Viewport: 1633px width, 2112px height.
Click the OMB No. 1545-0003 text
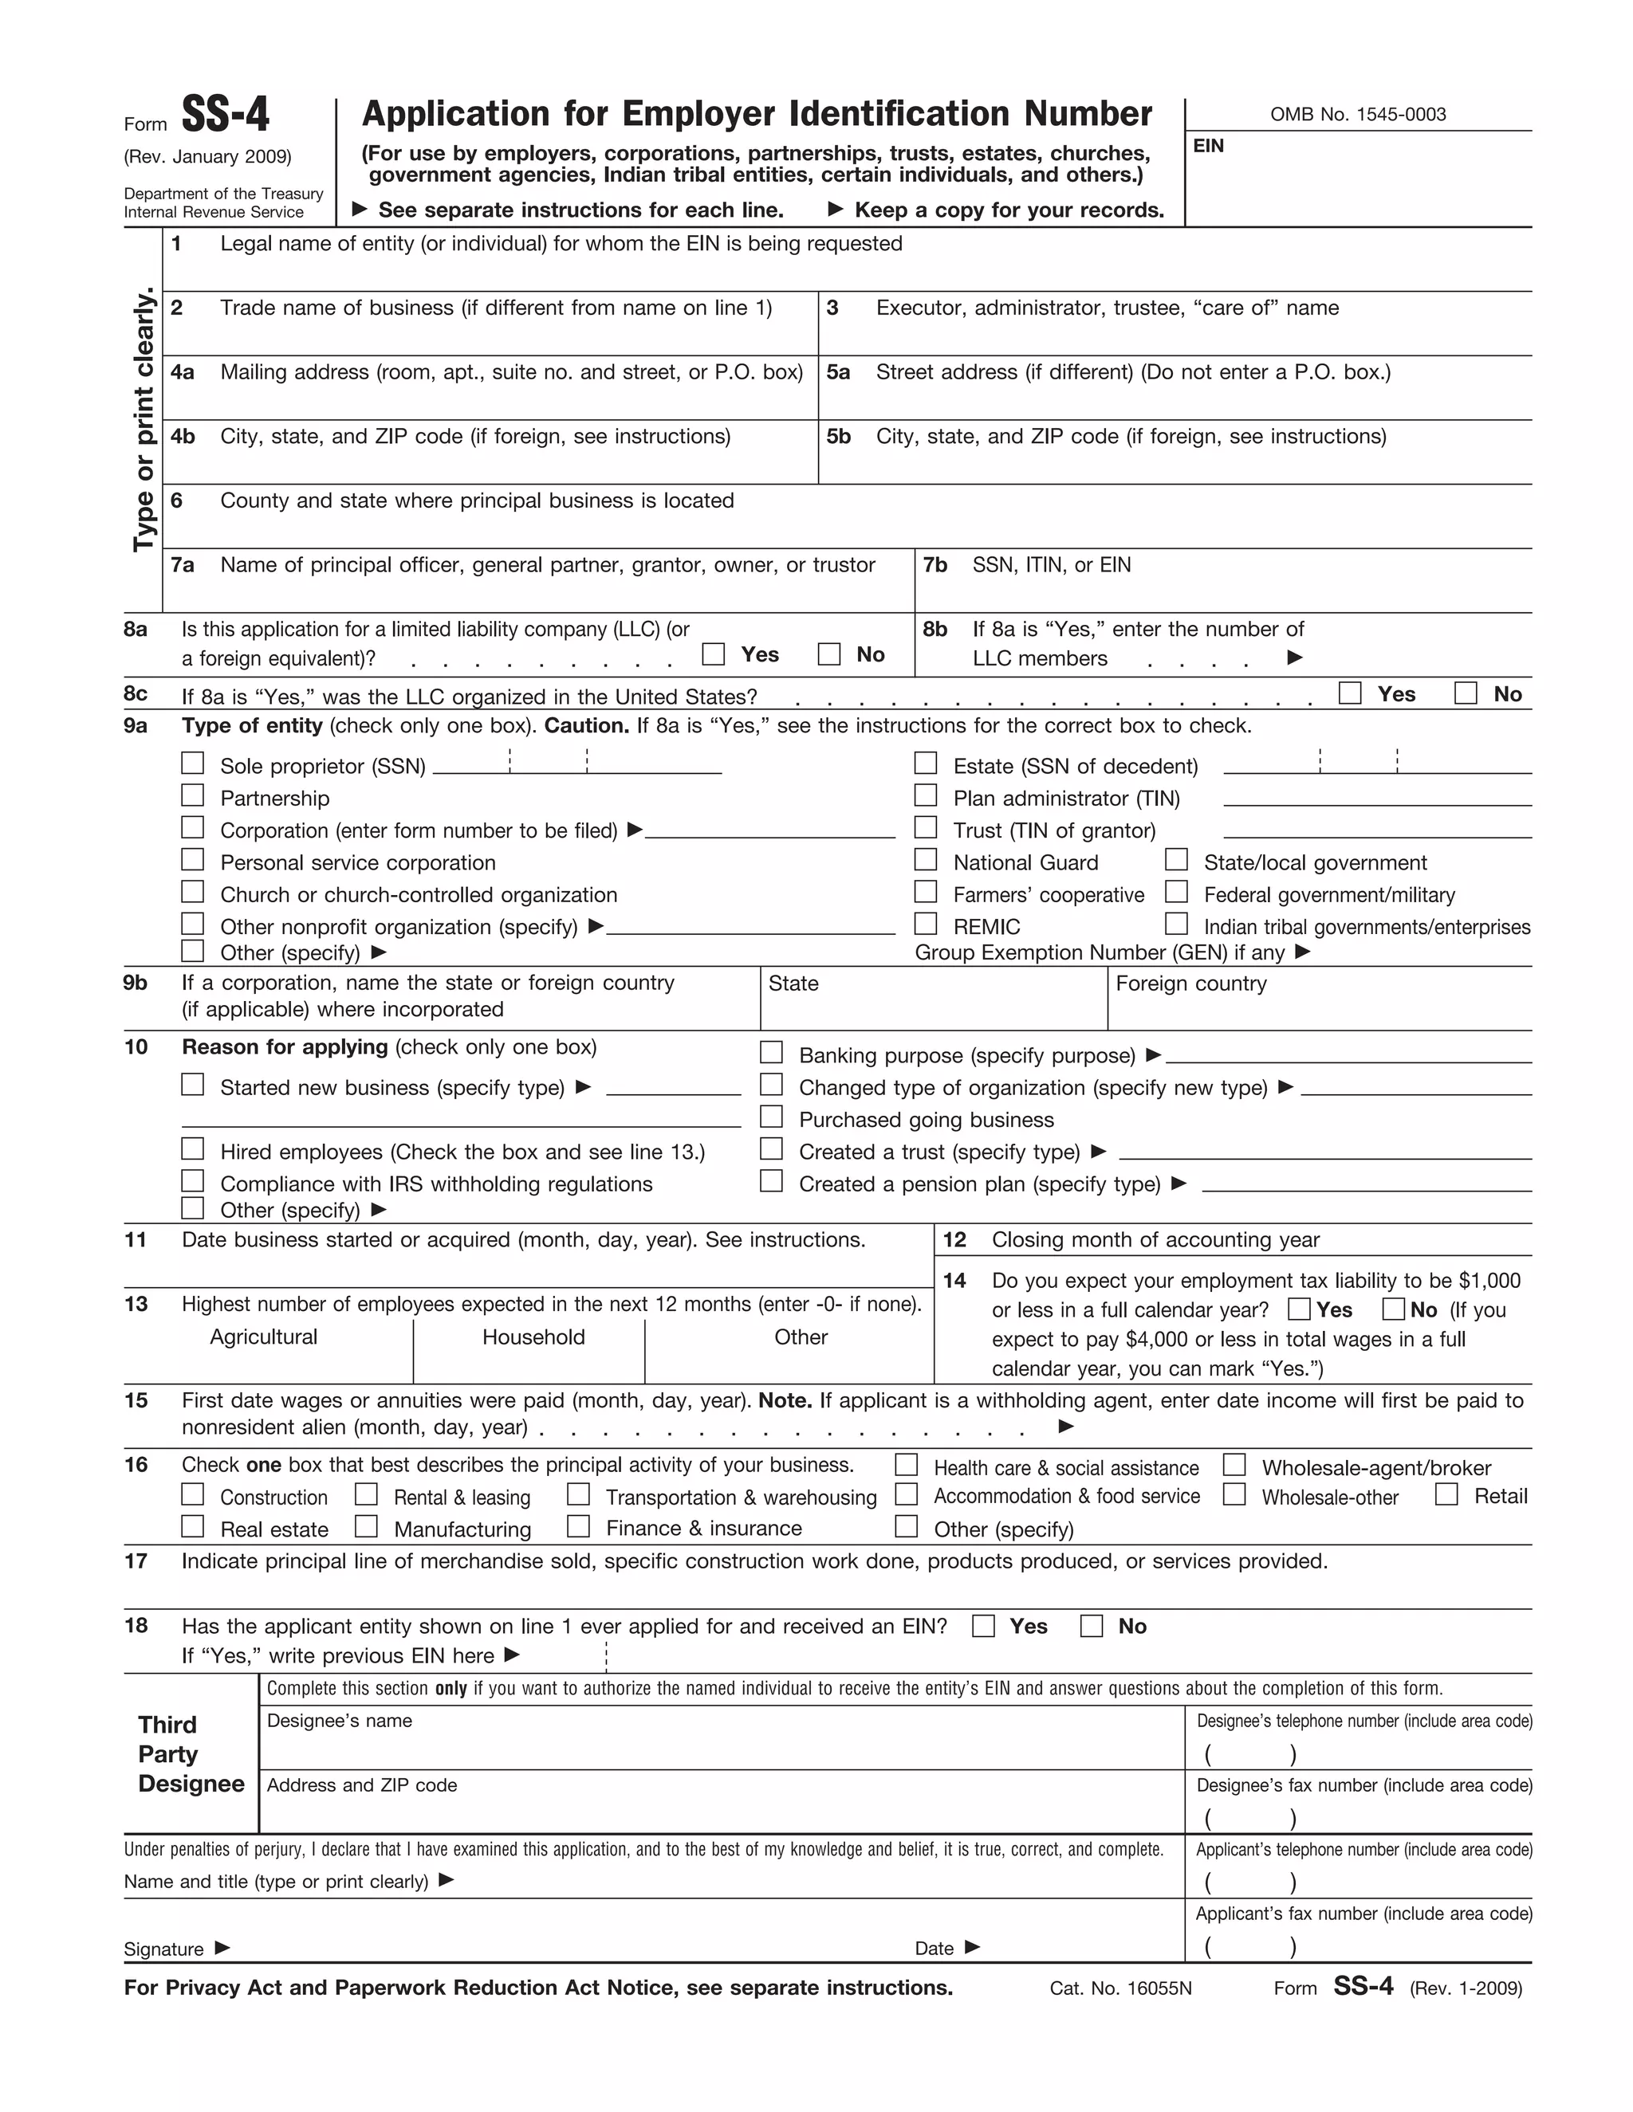point(1357,114)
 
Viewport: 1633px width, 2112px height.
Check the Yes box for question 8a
point(713,654)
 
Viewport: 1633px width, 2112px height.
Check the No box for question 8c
point(1466,693)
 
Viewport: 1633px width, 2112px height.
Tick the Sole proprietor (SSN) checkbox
point(194,764)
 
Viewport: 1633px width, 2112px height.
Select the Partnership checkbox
point(194,796)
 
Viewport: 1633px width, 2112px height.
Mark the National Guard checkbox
point(926,860)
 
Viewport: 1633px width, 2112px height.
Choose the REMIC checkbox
point(926,924)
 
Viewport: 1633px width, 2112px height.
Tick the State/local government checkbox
point(1176,860)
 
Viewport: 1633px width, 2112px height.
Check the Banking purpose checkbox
point(771,1052)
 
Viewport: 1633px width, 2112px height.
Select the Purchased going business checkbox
point(771,1117)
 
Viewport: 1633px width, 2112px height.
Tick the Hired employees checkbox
point(194,1148)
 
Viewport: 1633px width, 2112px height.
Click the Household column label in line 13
point(533,1337)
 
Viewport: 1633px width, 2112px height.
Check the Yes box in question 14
point(1299,1309)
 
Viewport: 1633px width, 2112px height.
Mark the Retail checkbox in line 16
point(1446,1494)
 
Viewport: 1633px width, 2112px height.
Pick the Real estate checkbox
point(194,1526)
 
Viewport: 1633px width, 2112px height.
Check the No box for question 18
point(1092,1626)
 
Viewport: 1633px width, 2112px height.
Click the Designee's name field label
point(340,1721)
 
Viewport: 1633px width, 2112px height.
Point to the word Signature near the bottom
point(163,1949)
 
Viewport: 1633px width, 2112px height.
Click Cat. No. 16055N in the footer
point(1120,1988)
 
